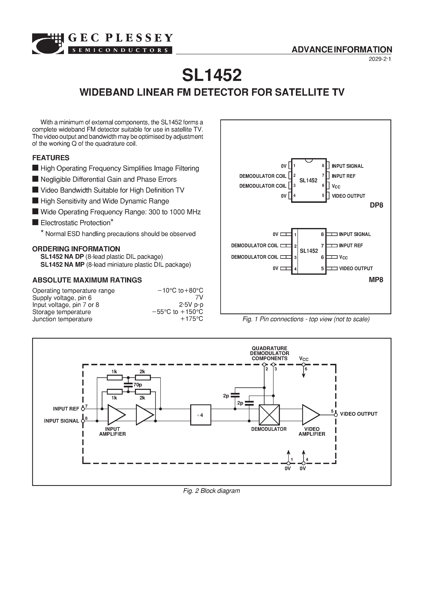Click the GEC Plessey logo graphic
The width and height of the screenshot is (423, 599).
coord(48,44)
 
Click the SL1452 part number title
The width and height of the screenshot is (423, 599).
coord(211,75)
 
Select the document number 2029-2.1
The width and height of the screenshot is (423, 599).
coord(380,59)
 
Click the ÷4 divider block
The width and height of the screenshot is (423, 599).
coord(201,415)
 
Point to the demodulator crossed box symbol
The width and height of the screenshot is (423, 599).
coord(269,415)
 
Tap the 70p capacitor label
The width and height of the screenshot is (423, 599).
coord(138,385)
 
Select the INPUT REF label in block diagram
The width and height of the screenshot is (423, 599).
coord(66,409)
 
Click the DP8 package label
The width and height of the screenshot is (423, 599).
coord(376,205)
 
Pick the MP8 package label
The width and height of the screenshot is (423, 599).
coord(376,280)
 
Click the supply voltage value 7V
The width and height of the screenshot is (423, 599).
coord(199,298)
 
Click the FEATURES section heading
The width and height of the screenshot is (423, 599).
coord(51,158)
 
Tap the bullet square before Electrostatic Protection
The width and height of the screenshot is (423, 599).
coord(35,222)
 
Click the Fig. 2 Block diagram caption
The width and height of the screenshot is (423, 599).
coord(211,491)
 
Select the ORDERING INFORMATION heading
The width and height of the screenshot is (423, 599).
coord(76,249)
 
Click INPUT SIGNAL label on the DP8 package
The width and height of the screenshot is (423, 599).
coord(347,166)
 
